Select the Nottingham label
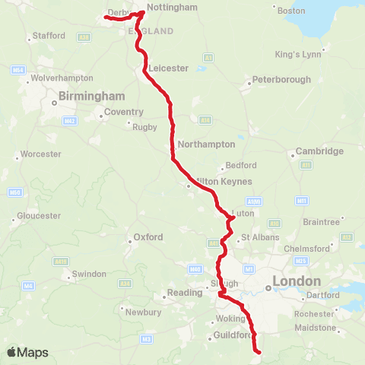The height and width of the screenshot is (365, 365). click(171, 8)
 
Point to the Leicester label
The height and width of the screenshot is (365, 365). click(169, 68)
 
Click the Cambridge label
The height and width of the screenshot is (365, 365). click(319, 151)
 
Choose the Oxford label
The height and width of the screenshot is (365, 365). click(148, 237)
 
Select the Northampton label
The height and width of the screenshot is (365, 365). click(206, 144)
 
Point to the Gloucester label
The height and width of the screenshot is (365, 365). click(38, 215)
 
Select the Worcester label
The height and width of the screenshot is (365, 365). click(41, 154)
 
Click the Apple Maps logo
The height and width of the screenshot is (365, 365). click(27, 352)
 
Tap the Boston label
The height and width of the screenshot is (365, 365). click(291, 11)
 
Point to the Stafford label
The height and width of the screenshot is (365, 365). click(49, 36)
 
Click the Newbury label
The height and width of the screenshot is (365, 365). click(143, 312)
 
